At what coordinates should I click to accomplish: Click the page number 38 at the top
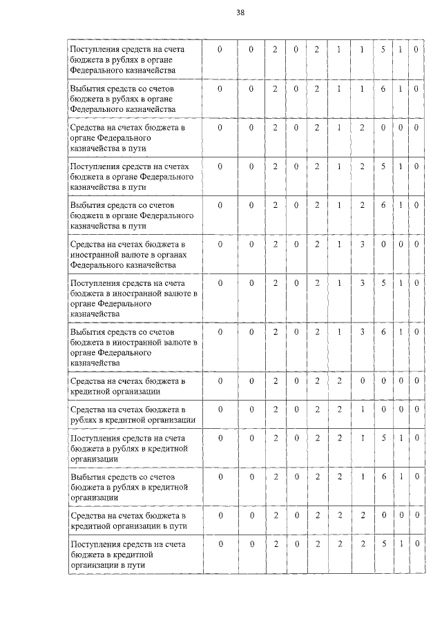click(x=240, y=12)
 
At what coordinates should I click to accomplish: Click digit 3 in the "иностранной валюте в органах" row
click(x=361, y=244)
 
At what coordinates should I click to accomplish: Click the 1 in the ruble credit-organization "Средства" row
click(x=361, y=409)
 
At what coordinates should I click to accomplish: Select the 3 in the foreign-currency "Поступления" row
click(x=361, y=282)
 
